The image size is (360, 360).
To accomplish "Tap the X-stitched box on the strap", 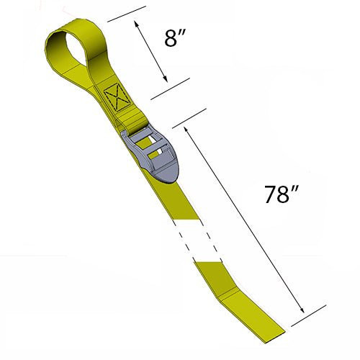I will pos(113,99).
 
